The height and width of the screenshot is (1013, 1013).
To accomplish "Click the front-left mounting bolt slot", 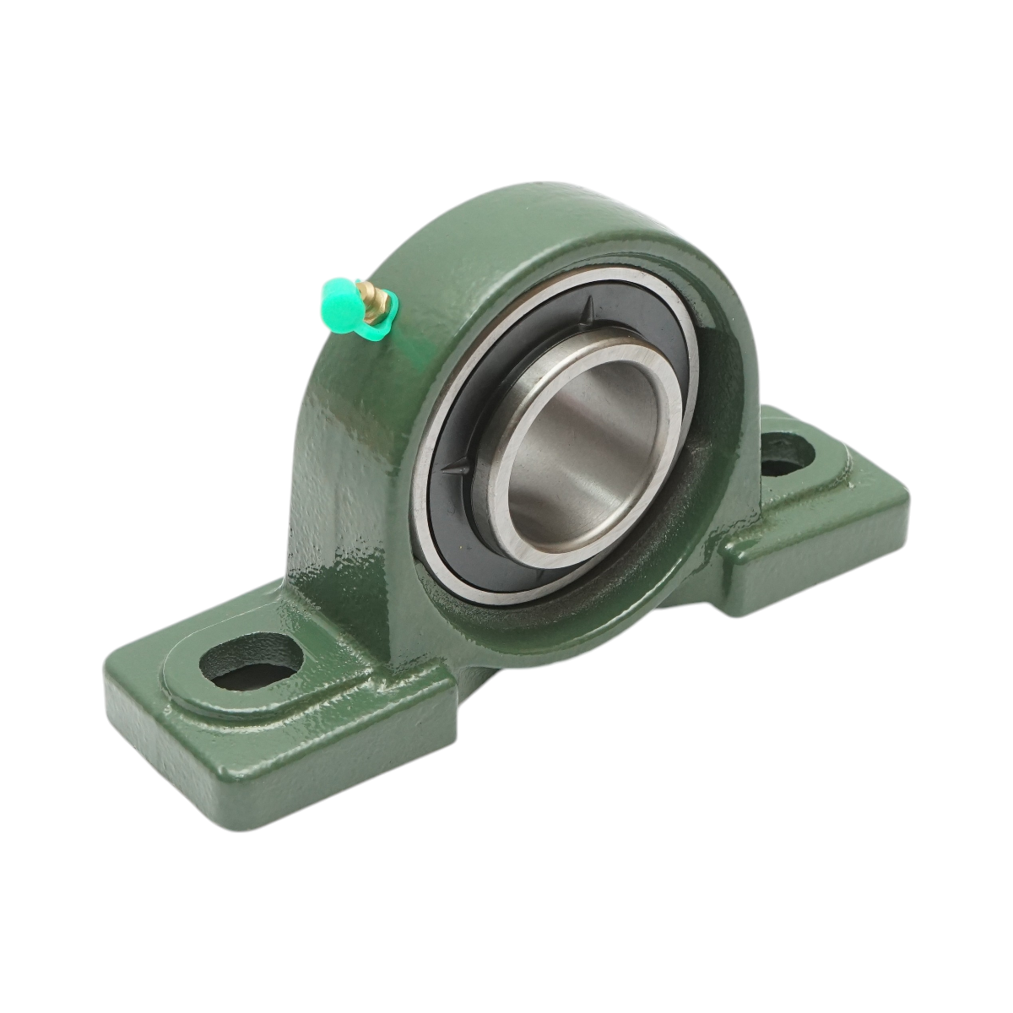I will coord(251,660).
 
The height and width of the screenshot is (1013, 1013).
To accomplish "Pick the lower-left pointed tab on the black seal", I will coord(461,463).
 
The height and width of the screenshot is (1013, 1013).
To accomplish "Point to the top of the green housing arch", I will coord(540,207).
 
